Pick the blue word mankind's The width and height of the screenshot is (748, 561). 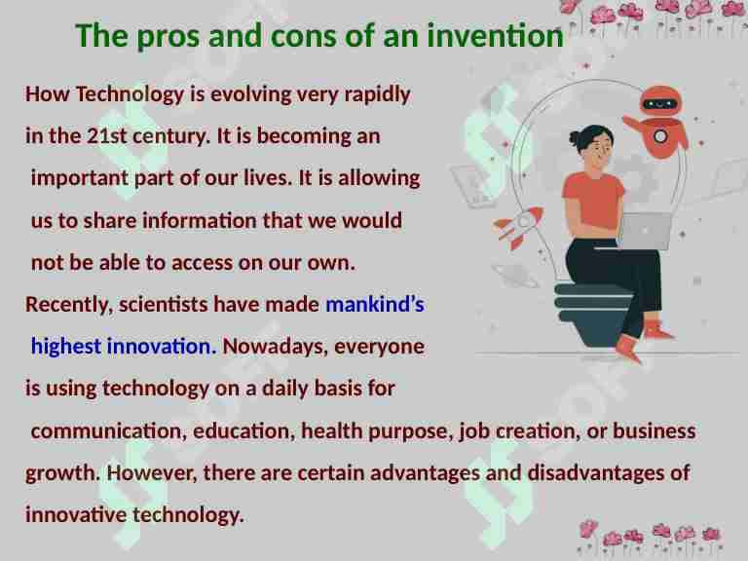pos(375,305)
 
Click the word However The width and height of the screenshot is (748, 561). pos(143,472)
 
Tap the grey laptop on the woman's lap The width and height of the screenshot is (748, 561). pos(643,231)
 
